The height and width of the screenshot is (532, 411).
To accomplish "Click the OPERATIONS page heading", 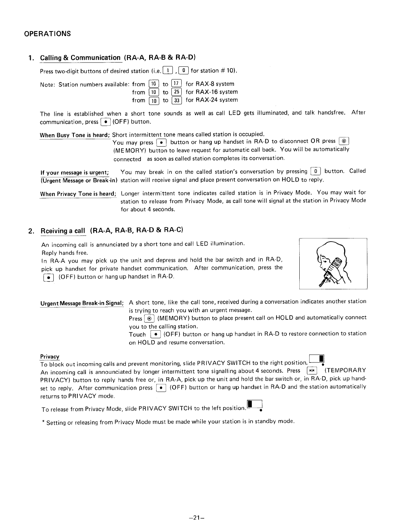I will [x=47, y=34].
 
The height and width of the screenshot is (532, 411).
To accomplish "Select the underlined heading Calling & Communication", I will [x=81, y=58].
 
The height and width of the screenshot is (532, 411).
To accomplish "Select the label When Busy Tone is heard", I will [x=75, y=135].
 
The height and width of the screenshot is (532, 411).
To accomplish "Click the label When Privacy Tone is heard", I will [x=78, y=194].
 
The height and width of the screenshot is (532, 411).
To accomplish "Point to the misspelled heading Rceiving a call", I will [x=63, y=231].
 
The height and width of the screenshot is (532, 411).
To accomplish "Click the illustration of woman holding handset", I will [x=333, y=264].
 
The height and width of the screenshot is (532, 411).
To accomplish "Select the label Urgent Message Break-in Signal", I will [x=82, y=303].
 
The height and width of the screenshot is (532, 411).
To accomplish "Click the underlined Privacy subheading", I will [x=50, y=357].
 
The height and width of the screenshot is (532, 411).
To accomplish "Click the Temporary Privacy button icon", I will [x=312, y=371].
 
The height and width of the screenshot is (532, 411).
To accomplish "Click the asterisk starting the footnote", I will [x=43, y=422].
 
